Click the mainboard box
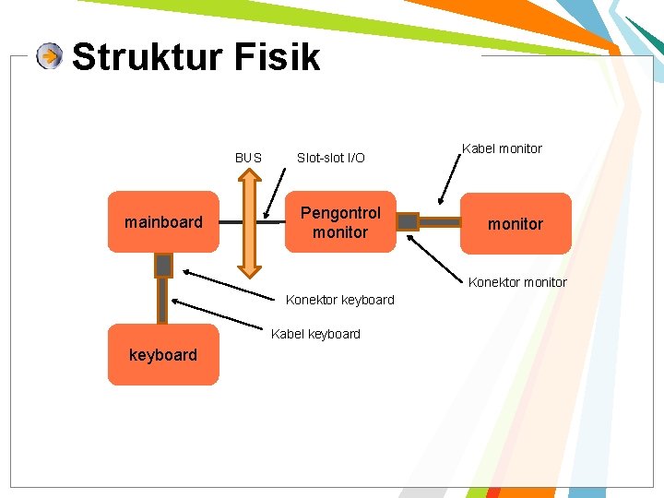coord(163,221)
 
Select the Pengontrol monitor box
coord(339,222)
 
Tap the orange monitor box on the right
coord(516,223)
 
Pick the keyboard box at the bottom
coord(163,354)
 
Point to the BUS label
coord(248,158)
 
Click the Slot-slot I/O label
coord(330,158)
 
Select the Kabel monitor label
coord(502,148)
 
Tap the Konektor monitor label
coord(517,282)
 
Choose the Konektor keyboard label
coord(339,300)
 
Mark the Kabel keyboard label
coord(315,334)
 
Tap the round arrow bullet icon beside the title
coord(50,57)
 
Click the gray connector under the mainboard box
coord(163,266)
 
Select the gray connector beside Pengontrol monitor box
coord(408,221)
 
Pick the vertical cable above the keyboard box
coord(162,301)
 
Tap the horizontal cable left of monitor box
coord(440,221)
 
